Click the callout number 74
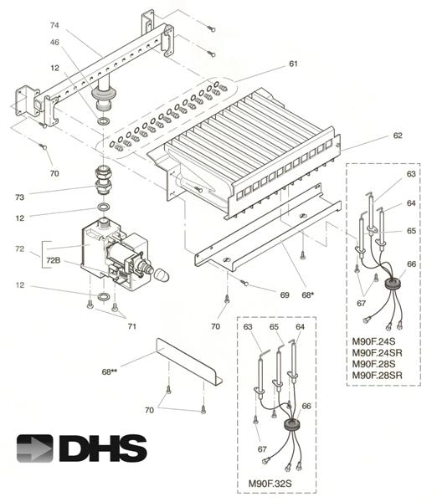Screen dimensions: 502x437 point(54,25)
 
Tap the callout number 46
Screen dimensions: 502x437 point(54,42)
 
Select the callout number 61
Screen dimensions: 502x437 point(293,64)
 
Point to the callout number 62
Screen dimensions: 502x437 point(398,136)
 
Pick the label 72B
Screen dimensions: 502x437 point(52,260)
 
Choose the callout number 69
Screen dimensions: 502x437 point(284,295)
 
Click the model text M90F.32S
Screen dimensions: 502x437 point(276,483)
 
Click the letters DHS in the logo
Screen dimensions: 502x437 point(102,448)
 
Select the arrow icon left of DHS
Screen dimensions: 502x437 point(35,448)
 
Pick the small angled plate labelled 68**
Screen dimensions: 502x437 point(188,361)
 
